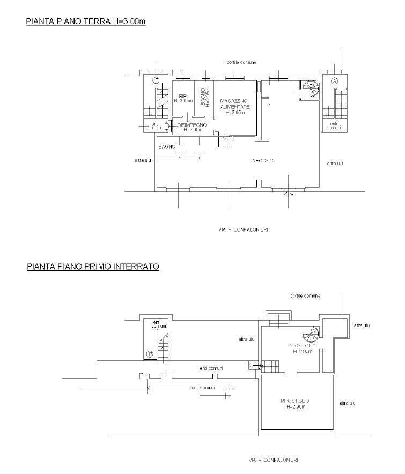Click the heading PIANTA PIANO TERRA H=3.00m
click(x=86, y=21)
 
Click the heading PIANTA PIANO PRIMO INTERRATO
click(x=93, y=266)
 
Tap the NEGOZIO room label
click(x=262, y=161)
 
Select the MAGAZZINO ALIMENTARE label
click(x=235, y=103)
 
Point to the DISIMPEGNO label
click(x=192, y=125)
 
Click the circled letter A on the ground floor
click(x=334, y=81)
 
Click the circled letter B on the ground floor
click(x=156, y=80)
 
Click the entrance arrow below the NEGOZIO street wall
click(x=288, y=195)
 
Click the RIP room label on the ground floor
click(x=182, y=96)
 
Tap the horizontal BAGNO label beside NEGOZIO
click(x=167, y=146)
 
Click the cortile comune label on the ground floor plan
click(x=242, y=62)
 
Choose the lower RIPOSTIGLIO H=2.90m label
click(x=295, y=404)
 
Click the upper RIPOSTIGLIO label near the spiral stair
click(x=301, y=345)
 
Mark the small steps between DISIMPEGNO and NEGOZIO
click(x=224, y=142)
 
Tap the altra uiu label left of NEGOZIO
click(x=143, y=160)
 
